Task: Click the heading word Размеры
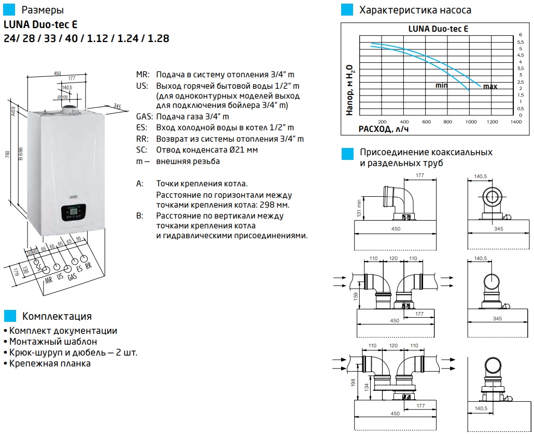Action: tap(43, 10)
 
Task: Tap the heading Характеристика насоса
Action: tap(415, 10)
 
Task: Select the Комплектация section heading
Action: tap(57, 316)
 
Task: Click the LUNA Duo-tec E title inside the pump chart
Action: tap(438, 29)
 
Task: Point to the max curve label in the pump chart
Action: tap(490, 87)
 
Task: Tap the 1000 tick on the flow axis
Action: tap(470, 121)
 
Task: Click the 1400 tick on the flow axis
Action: tap(515, 121)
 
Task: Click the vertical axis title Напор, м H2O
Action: tap(349, 90)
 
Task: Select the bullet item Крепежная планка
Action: tap(50, 363)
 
